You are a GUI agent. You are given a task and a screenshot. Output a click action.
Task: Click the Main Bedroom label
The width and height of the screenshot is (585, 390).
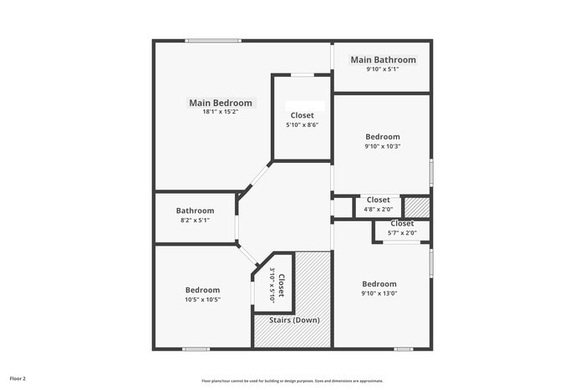click(x=220, y=103)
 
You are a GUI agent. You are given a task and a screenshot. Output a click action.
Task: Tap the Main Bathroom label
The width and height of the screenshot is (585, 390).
click(x=383, y=59)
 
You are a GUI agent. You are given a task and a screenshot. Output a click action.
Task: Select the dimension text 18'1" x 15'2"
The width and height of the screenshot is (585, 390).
click(x=220, y=112)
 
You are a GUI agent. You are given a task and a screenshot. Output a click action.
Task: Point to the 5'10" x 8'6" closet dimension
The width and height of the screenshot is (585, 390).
click(x=303, y=124)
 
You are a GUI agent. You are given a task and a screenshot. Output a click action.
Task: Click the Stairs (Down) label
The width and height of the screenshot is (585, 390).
click(x=293, y=320)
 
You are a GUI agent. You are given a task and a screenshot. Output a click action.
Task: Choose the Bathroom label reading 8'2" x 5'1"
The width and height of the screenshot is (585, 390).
click(x=195, y=210)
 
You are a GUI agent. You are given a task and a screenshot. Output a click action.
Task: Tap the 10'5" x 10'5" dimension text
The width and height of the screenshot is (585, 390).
click(x=202, y=299)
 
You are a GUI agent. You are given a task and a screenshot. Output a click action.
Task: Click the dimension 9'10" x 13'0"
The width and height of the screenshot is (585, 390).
click(x=379, y=293)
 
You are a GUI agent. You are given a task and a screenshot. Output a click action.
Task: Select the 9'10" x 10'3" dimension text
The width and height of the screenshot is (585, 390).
click(x=383, y=146)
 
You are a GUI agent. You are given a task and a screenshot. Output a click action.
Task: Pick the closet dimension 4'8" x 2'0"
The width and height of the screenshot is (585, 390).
click(x=378, y=209)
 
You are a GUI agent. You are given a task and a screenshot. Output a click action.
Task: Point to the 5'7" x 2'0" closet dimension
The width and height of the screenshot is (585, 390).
click(x=401, y=232)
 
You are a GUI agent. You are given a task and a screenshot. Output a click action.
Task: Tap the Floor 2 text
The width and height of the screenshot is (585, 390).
click(x=18, y=378)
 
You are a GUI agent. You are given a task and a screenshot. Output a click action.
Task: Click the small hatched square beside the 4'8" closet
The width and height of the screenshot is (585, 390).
click(x=416, y=205)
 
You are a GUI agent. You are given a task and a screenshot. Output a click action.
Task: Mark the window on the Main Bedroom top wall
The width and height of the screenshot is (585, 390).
click(x=213, y=40)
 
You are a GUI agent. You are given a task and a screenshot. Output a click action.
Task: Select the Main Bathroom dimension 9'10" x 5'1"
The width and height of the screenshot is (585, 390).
click(x=383, y=68)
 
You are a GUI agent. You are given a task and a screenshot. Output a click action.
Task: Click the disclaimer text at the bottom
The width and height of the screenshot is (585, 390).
click(x=292, y=380)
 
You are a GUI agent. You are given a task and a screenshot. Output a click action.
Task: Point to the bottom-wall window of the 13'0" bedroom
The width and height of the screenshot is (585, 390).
click(x=404, y=348)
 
